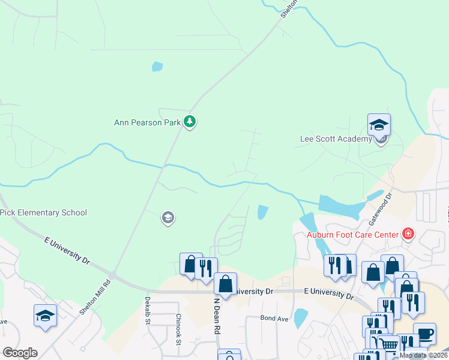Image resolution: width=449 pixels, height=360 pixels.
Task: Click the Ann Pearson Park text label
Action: point(148,122)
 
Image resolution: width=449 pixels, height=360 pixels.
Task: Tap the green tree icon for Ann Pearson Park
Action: point(190,122)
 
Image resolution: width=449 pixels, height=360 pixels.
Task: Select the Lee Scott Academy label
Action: point(336,139)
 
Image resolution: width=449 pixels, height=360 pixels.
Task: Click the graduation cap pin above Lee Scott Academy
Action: point(379,125)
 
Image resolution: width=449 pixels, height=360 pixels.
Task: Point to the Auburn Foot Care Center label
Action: point(352,234)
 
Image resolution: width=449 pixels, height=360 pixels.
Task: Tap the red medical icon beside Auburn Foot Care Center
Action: point(408,233)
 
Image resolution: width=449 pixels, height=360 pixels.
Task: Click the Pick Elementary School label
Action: point(44,212)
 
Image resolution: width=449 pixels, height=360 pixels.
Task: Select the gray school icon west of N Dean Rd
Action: point(168,218)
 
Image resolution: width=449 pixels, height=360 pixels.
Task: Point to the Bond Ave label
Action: point(274,318)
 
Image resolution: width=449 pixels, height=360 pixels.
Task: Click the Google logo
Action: point(20,352)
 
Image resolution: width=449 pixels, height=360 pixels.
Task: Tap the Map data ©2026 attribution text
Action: point(423,355)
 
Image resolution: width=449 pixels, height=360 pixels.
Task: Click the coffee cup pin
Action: point(424,334)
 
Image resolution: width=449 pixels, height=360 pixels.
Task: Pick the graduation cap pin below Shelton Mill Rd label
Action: point(45,316)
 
